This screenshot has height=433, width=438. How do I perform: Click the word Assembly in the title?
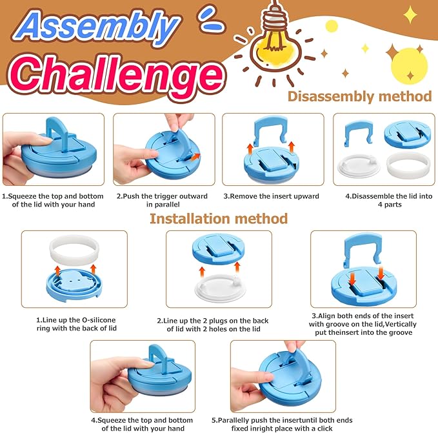pos(97,26)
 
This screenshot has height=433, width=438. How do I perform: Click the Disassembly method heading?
pos(360,97)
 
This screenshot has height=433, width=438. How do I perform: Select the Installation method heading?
pos(219,219)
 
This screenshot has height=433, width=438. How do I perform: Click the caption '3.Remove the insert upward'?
pos(271,196)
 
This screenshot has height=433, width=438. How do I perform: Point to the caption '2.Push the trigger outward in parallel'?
pos(162,200)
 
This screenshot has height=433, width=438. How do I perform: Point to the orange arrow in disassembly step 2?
pos(196,157)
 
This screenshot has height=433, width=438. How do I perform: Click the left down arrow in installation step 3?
pos(352,279)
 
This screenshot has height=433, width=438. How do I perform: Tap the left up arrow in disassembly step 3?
pos(250,149)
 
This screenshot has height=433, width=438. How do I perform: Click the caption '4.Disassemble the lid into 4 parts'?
pos(389,200)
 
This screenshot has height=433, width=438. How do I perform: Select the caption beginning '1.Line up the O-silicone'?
pos(76,324)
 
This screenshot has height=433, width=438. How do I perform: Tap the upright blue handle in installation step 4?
pos(159,360)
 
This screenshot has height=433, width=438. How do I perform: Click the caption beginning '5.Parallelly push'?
pos(282,425)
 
